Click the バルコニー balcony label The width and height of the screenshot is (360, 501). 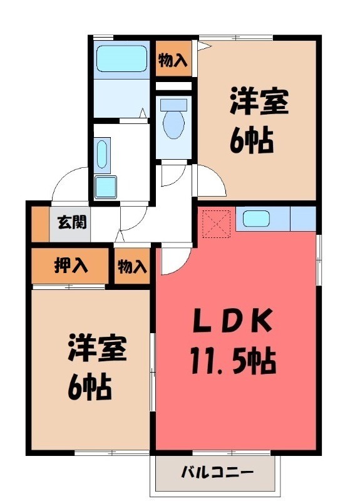point(217,472)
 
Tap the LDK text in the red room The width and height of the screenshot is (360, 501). point(232,322)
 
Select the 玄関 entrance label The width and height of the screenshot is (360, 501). point(71,222)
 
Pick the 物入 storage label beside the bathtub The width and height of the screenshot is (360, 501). point(172,60)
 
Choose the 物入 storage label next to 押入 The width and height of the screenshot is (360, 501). point(131,267)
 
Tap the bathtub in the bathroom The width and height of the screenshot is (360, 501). point(121,58)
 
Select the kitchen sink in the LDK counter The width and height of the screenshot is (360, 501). point(256,219)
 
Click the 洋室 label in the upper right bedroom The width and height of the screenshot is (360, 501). point(258,103)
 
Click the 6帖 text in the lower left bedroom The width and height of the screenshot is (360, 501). point(90,388)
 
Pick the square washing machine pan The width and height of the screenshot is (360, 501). point(106,187)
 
